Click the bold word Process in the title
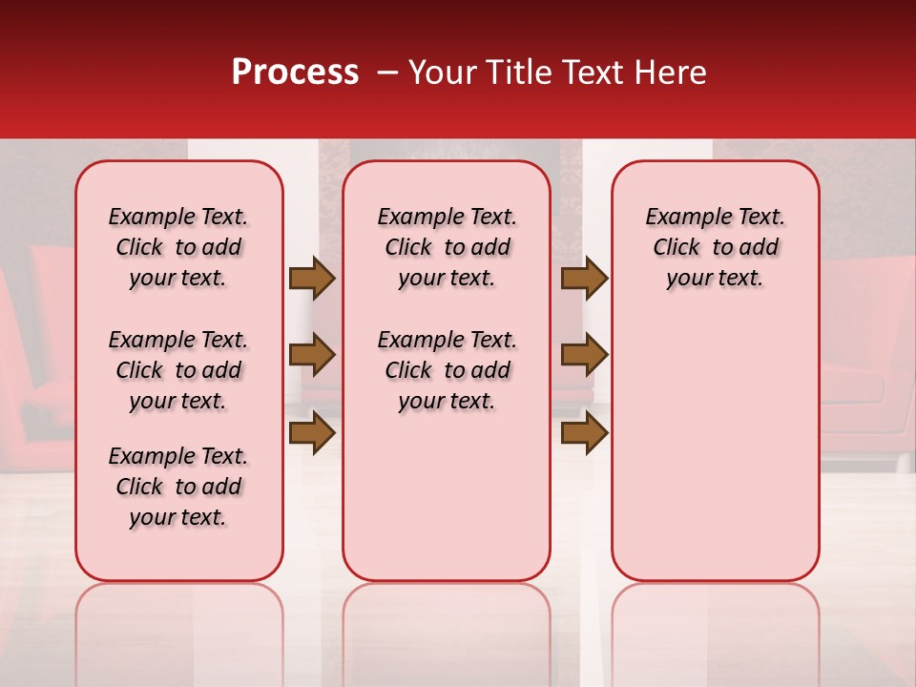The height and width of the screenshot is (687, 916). (294, 73)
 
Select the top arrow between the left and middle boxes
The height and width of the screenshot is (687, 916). (312, 278)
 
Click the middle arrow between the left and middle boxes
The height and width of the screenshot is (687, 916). (312, 355)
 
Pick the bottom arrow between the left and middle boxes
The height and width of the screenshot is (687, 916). (312, 432)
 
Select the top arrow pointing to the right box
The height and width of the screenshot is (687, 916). (584, 278)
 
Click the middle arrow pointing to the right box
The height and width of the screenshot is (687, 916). (584, 355)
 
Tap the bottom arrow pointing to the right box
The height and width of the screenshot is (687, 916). (584, 432)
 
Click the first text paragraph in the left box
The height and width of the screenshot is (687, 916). (178, 247)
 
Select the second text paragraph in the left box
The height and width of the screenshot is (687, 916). (178, 370)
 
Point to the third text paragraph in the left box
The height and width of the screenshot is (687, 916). (178, 487)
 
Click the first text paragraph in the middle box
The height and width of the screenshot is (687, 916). (447, 247)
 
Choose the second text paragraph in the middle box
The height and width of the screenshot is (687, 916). (447, 370)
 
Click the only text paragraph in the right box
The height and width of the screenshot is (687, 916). (715, 247)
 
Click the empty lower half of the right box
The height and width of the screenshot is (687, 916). (715, 448)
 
